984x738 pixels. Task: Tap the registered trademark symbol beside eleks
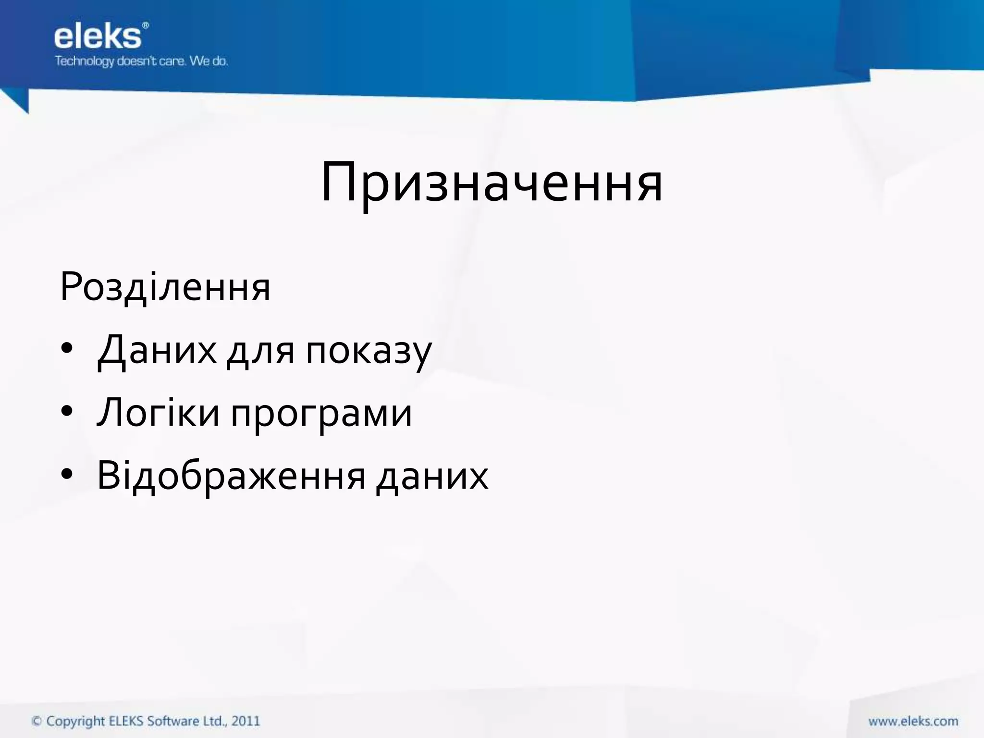coord(145,25)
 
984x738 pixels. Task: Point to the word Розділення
coord(165,287)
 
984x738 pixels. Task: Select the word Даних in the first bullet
coord(157,350)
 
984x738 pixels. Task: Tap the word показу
coord(369,351)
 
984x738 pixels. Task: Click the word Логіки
coord(158,412)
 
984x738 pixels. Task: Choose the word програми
coord(321,414)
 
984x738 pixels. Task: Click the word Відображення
coord(231,476)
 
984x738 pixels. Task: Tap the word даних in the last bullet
coord(432,476)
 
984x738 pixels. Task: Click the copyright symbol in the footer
coord(37,721)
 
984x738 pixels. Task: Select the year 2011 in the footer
coord(246,721)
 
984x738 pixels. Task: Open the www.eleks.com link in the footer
coord(913,721)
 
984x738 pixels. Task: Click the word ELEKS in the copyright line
coord(126,721)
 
